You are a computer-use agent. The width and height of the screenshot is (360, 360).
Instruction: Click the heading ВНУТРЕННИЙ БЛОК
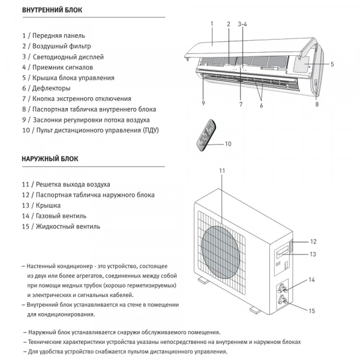tap(53, 11)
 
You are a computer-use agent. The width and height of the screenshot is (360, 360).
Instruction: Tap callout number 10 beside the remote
tap(227, 144)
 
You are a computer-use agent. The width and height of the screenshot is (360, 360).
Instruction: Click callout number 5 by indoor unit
tap(332, 64)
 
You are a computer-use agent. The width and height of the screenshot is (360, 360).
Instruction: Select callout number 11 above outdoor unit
tap(221, 171)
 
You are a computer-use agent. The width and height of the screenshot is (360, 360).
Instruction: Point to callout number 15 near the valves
tap(311, 311)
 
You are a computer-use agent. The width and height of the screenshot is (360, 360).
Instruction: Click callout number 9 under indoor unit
tap(203, 103)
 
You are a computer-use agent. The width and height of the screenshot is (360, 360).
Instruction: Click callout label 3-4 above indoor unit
tap(242, 25)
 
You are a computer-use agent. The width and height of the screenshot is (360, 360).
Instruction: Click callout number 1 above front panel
tap(212, 25)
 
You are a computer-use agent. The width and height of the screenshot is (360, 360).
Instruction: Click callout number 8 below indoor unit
tap(317, 103)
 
